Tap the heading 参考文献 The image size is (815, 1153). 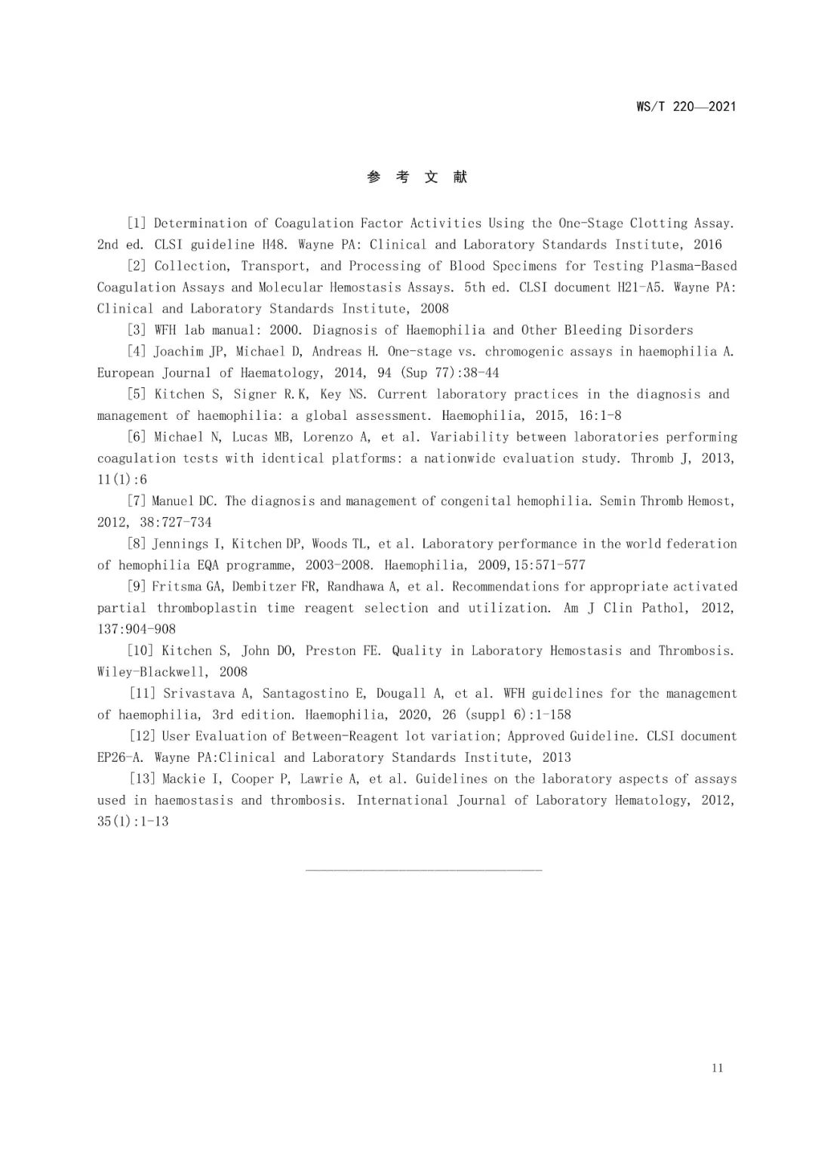(417, 177)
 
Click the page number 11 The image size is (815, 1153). (717, 1068)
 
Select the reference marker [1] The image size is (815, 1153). (137, 224)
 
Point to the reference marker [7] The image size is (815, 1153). (137, 501)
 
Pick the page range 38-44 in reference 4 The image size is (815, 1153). (478, 373)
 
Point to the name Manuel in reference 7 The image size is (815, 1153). (174, 501)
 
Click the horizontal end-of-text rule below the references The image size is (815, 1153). (424, 870)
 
